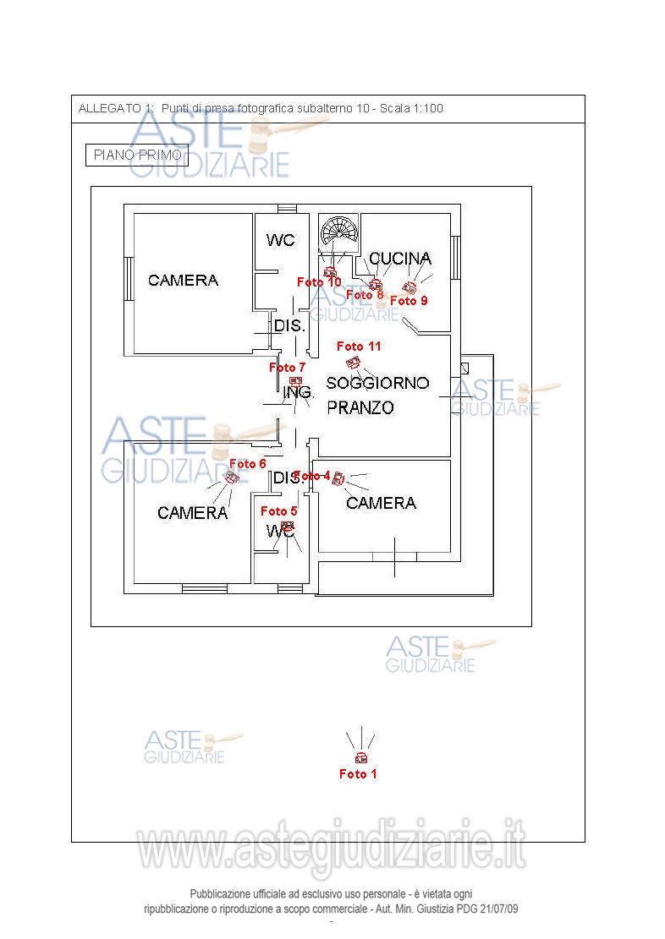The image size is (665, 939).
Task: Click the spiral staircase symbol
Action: tap(339, 231)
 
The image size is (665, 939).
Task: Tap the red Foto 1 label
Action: tap(358, 774)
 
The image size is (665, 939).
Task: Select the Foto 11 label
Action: tap(359, 347)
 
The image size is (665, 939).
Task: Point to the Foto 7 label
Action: tap(287, 368)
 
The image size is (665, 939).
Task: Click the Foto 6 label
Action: tap(248, 464)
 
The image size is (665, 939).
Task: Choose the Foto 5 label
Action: tap(278, 511)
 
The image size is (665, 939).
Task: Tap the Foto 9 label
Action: tap(409, 300)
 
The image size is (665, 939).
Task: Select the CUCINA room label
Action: tap(400, 258)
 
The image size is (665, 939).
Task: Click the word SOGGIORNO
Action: tap(377, 383)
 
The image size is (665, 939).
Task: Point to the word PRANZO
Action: tap(360, 407)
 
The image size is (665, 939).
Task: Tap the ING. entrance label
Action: tap(299, 393)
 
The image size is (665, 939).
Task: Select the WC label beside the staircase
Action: tap(280, 241)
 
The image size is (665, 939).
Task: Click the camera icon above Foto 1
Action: tap(360, 757)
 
